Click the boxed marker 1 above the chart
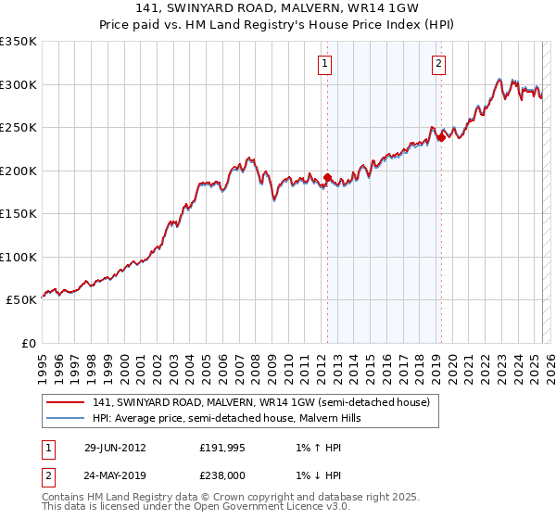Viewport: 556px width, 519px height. coord(326,64)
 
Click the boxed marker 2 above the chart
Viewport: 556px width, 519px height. coord(437,64)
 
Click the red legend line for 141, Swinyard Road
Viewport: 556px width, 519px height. coord(65,403)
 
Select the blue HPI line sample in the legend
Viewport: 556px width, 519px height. coord(65,419)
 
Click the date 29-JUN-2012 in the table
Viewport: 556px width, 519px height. coord(115,448)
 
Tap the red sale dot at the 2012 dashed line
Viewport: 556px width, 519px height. coord(327,177)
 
